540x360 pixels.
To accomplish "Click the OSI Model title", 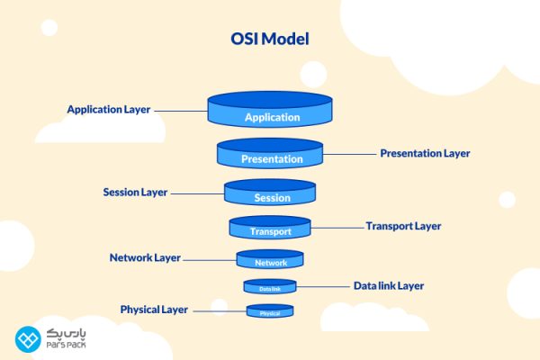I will tap(269, 40).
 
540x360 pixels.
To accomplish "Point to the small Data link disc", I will tap(270, 288).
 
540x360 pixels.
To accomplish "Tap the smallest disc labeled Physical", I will tap(270, 312).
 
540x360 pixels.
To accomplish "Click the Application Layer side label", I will tap(108, 110).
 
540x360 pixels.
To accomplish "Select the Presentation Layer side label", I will tap(425, 153).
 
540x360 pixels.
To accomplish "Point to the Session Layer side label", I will tap(135, 193).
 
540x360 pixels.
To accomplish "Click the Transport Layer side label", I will tap(403, 226).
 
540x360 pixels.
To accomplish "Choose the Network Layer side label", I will tap(145, 257).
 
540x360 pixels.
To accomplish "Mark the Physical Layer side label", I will tap(154, 310).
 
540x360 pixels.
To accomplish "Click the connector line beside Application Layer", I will tap(179, 111).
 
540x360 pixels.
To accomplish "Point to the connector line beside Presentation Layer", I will tap(351, 154).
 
